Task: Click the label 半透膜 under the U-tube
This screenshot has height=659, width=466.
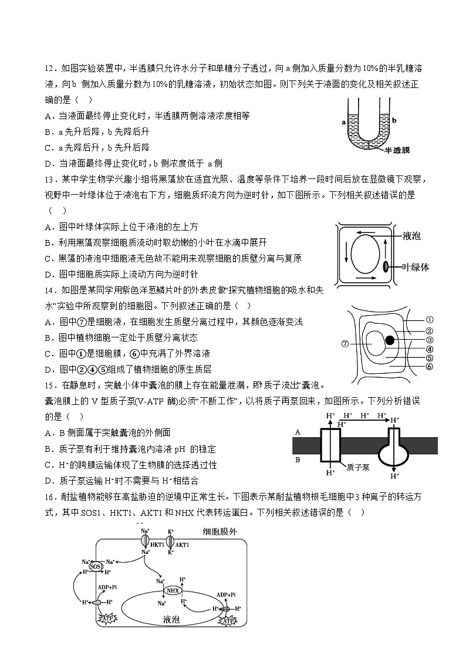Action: pos(397,150)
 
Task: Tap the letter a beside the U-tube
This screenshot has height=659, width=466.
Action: pos(342,122)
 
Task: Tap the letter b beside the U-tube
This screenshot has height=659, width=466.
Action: pos(395,120)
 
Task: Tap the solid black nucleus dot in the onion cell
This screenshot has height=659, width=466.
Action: pos(389,340)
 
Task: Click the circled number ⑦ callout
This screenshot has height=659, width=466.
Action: pos(345,343)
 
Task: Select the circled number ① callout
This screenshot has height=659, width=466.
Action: pos(429,320)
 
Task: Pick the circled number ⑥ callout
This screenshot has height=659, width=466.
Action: pos(429,367)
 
